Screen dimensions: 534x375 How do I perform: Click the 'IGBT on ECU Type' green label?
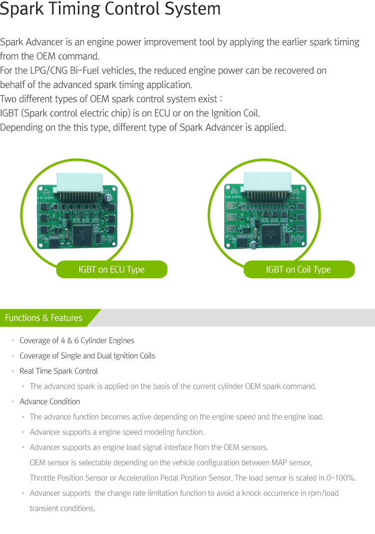(x=111, y=270)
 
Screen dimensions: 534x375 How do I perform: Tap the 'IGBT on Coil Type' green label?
(x=298, y=270)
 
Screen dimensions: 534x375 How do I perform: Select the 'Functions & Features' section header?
(x=44, y=318)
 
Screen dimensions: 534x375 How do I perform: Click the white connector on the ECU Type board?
(x=78, y=183)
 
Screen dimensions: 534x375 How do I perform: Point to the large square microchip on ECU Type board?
(x=82, y=234)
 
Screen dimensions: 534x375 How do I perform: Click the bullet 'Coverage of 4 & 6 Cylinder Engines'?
(x=77, y=341)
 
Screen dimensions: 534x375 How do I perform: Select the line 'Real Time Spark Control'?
(x=58, y=371)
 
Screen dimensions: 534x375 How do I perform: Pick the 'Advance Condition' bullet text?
(x=50, y=402)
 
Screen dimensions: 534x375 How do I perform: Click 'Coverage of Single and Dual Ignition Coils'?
(x=87, y=356)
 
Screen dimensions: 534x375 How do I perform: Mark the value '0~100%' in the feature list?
(x=340, y=478)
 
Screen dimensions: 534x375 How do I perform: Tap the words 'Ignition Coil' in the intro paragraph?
(x=235, y=113)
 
